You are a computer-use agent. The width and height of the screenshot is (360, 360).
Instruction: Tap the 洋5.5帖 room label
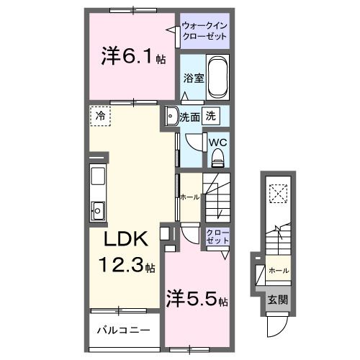click(198, 298)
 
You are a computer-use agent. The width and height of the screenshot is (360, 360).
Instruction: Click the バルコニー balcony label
click(123, 332)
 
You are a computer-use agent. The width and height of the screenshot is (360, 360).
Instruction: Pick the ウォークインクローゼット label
click(204, 32)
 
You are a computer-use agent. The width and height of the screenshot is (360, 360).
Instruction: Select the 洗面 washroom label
click(190, 115)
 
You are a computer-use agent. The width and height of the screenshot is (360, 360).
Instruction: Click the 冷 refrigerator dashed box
click(100, 116)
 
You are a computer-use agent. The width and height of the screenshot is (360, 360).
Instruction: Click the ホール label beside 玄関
click(278, 270)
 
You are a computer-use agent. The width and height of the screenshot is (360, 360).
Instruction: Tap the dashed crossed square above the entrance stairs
click(277, 193)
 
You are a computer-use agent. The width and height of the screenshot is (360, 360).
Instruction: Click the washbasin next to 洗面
click(171, 117)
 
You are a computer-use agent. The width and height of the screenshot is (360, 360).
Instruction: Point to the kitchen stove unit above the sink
click(99, 177)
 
